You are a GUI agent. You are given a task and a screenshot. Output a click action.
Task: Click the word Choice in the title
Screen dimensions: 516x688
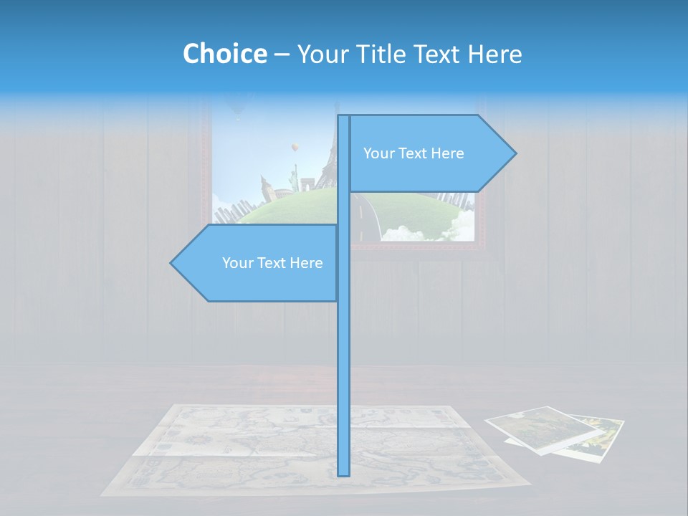pyautogui.click(x=224, y=54)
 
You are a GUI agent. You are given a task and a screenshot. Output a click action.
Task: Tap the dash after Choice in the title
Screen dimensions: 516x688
pyautogui.click(x=282, y=54)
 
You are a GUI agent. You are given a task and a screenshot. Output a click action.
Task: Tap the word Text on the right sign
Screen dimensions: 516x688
pyautogui.click(x=414, y=153)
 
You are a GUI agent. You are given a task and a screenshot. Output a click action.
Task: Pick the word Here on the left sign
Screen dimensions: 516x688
pyautogui.click(x=306, y=263)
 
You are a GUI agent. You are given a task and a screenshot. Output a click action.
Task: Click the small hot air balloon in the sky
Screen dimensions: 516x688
pyautogui.click(x=293, y=148)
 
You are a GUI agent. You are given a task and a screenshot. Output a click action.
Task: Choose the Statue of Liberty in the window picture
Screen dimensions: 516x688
pyautogui.click(x=292, y=176)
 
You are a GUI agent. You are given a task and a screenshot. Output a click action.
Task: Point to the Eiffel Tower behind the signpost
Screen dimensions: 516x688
pyautogui.click(x=329, y=161)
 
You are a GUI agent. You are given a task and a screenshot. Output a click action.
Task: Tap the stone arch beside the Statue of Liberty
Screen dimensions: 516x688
pyautogui.click(x=309, y=186)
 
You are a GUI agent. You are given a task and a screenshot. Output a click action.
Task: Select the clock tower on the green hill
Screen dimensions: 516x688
pyautogui.click(x=266, y=188)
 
